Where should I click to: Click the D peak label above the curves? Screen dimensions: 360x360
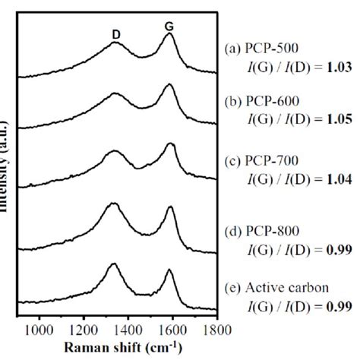(115, 27)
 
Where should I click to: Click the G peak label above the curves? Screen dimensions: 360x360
(169, 27)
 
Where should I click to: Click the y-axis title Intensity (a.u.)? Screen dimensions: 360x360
(5, 175)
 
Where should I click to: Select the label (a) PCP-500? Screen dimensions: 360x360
(261, 47)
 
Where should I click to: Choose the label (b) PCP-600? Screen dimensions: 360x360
(261, 100)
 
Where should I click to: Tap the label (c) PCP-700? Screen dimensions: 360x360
(261, 159)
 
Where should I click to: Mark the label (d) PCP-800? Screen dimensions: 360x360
(261, 226)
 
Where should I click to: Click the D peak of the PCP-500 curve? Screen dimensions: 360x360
(115, 43)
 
